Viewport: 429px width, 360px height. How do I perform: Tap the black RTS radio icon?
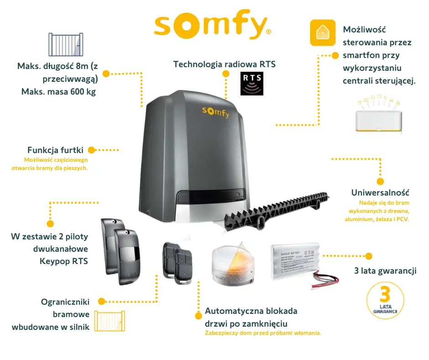[x=252, y=83]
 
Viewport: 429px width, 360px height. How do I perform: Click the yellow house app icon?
[x=323, y=32]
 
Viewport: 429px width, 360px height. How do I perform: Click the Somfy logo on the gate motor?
[x=216, y=111]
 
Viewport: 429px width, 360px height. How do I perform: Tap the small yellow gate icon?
[x=110, y=321]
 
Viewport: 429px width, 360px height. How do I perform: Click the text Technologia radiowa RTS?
[x=225, y=64]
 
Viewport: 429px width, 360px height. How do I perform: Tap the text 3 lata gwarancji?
[x=385, y=271]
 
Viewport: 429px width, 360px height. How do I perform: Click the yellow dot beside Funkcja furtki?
[x=91, y=150]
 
